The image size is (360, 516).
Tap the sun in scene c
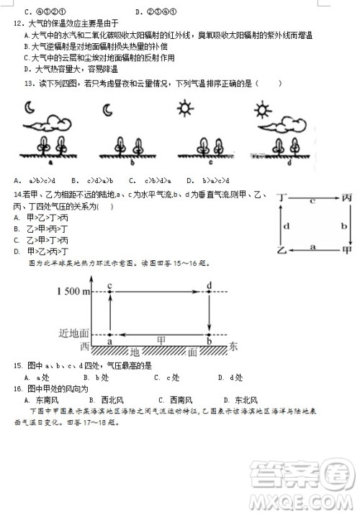point(185,110)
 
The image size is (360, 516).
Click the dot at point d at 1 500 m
point(209,291)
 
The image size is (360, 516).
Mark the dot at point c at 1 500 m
point(109,291)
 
